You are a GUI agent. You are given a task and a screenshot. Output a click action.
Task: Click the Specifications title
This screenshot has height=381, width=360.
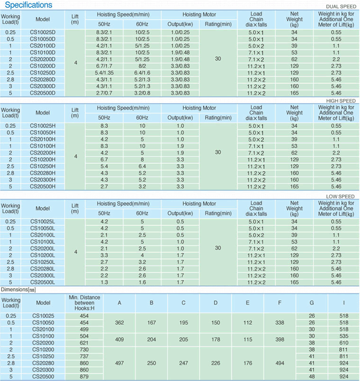[x=29, y=5]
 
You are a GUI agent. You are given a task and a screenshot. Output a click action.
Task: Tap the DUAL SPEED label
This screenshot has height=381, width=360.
[x=340, y=7]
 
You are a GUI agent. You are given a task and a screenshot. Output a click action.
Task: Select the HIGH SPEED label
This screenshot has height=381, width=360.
[x=340, y=100]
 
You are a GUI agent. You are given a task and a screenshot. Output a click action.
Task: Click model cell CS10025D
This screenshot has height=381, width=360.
[x=43, y=32]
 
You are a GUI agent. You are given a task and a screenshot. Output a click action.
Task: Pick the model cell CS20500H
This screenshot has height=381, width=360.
[x=43, y=186]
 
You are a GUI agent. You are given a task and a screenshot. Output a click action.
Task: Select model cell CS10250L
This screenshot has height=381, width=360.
[x=43, y=262]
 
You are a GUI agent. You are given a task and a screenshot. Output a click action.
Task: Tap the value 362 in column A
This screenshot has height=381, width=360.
[x=119, y=323]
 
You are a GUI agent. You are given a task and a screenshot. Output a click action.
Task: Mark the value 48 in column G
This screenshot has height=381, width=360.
[x=312, y=376]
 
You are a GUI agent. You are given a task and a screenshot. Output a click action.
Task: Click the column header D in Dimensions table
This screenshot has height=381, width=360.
[x=216, y=303]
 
